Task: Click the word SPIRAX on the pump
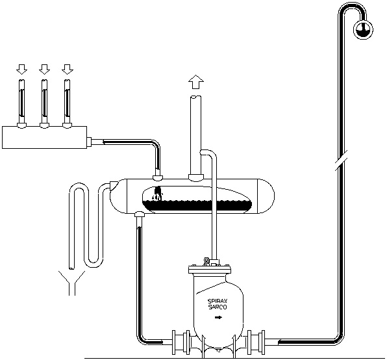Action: (x=218, y=302)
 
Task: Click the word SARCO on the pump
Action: (x=218, y=307)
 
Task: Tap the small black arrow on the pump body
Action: (x=218, y=318)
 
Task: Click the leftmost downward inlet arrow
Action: (x=21, y=69)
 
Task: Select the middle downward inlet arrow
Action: (x=44, y=69)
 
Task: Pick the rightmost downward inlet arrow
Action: (x=68, y=69)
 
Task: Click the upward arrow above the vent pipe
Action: (x=196, y=82)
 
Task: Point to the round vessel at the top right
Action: (x=363, y=30)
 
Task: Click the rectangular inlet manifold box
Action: (x=44, y=137)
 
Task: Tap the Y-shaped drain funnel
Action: (x=71, y=283)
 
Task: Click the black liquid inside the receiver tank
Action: (x=197, y=205)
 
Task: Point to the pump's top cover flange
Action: (x=210, y=270)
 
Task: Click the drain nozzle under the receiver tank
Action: (x=140, y=214)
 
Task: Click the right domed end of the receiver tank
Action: (x=266, y=196)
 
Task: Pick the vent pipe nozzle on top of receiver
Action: (x=196, y=177)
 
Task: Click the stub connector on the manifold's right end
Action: (x=90, y=142)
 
